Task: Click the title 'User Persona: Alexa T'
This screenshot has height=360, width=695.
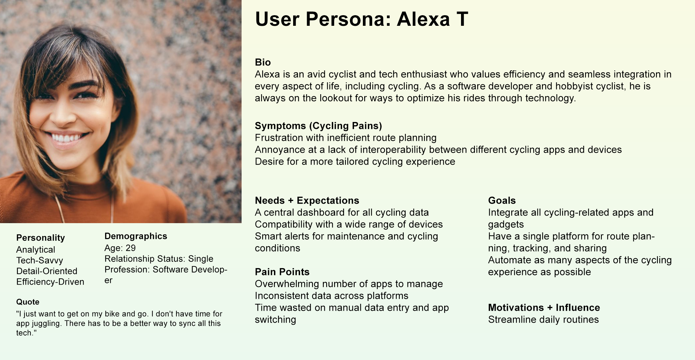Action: click(362, 19)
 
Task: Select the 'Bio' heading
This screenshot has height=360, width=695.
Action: click(263, 62)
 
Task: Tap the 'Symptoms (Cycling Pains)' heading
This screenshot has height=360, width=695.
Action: click(318, 126)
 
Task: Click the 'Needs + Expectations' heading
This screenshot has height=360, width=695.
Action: click(307, 200)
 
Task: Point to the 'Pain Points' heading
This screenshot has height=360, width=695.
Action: click(282, 272)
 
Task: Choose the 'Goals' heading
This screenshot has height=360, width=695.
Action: click(502, 200)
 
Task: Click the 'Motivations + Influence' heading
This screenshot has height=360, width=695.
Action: click(544, 307)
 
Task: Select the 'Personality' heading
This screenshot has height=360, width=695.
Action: click(40, 238)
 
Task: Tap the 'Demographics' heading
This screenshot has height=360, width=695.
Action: click(135, 236)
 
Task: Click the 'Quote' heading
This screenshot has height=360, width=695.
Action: click(28, 302)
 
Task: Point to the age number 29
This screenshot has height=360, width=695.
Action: click(131, 248)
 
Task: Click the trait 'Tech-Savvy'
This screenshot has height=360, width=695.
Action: click(40, 260)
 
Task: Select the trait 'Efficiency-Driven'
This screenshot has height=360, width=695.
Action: click(50, 282)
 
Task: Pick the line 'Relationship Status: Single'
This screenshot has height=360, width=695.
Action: click(159, 259)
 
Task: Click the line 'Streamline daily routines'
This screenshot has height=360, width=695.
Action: click(543, 319)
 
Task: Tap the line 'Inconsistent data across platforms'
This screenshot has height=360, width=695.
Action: click(331, 296)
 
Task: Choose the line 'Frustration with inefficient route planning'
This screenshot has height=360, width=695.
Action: click(345, 138)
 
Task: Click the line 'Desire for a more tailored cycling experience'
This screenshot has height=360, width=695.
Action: click(355, 161)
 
